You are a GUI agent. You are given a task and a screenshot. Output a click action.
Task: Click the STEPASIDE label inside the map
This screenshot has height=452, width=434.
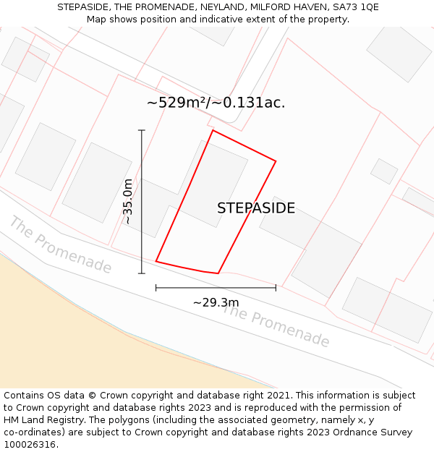[x=256, y=208]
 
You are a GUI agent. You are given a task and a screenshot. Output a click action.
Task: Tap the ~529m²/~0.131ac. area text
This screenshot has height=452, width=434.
[x=216, y=103]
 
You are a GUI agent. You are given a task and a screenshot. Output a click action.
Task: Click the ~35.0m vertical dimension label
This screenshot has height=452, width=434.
[x=128, y=201]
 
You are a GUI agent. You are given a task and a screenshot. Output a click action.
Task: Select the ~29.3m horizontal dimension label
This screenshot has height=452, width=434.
[x=216, y=302]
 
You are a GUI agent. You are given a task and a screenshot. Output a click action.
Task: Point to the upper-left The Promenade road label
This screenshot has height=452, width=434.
[x=60, y=244]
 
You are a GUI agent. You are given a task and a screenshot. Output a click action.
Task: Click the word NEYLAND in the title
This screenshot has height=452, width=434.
[x=218, y=7]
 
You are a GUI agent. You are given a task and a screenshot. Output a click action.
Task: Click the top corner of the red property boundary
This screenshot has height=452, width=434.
[x=212, y=130]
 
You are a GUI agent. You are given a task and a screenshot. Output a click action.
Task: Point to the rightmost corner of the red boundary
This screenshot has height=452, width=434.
[x=276, y=161]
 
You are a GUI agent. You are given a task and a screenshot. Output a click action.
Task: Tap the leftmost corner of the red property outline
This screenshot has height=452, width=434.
[x=156, y=261]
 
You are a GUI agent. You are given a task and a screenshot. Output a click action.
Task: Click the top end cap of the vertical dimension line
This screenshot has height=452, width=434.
[x=142, y=130]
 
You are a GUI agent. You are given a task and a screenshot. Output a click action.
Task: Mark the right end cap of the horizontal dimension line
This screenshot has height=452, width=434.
[x=276, y=288]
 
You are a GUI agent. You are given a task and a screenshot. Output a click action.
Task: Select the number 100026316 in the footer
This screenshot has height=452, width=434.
[x=28, y=445]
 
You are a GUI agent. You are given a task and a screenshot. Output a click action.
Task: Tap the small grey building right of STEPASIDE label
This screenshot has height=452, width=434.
[x=384, y=171]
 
